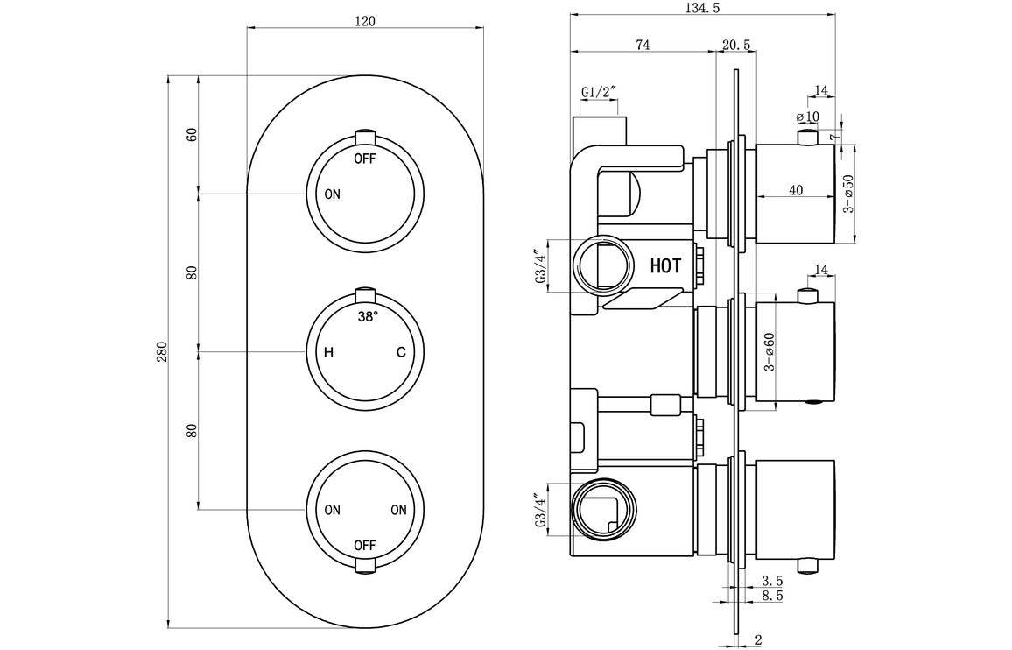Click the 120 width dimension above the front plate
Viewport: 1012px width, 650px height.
pos(365,21)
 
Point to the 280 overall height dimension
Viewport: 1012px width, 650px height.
pos(160,351)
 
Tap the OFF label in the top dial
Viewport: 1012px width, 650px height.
pos(365,159)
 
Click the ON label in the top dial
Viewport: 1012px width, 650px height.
pos(332,194)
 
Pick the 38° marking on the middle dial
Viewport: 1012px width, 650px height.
pos(368,316)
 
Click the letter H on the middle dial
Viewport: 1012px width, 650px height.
pos(329,353)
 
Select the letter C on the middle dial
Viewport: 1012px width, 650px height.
pos(400,353)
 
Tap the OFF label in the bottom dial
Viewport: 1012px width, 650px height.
pos(365,545)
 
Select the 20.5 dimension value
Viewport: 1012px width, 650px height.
pos(736,46)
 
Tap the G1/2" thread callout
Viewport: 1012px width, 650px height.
pos(599,92)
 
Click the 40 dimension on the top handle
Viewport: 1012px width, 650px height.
pos(795,190)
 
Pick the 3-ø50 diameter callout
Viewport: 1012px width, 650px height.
pos(847,194)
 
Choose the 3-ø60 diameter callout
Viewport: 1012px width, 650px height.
pos(769,350)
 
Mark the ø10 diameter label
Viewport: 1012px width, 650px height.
pos(806,117)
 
